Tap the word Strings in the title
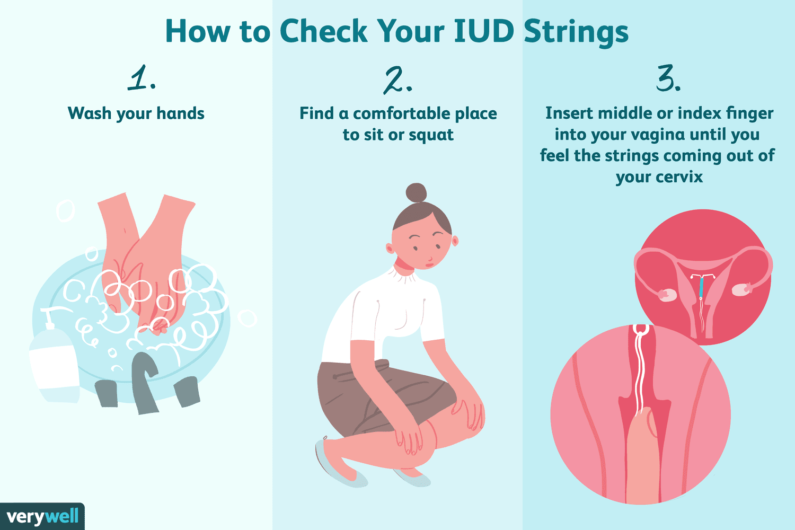pos(576,33)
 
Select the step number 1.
pos(142,77)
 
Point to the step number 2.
pos(397,81)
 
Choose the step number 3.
pos(668,78)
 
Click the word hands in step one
pos(180,113)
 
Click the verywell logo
pos(42,517)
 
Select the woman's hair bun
pos(416,193)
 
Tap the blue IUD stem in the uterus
pos(701,287)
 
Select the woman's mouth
pos(429,264)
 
